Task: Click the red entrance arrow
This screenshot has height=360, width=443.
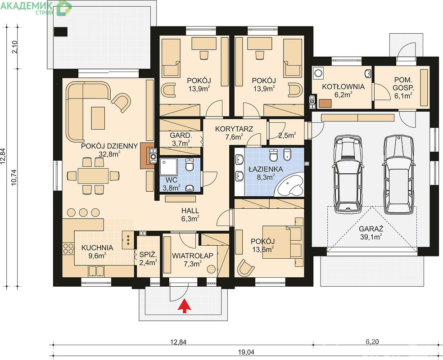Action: click(184, 306)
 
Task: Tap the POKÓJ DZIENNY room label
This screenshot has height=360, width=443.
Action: click(109, 146)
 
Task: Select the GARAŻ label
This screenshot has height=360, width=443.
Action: click(371, 229)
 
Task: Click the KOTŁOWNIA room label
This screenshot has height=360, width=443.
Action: click(343, 87)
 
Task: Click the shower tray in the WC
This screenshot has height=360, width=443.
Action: click(168, 167)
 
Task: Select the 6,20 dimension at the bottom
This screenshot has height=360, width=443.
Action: click(372, 342)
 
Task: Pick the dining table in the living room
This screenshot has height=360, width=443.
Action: click(93, 175)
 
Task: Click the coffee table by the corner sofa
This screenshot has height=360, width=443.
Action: click(98, 118)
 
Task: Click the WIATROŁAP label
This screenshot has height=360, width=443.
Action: click(193, 256)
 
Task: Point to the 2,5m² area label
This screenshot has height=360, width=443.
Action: click(287, 135)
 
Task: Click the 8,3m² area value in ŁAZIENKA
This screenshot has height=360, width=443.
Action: click(265, 177)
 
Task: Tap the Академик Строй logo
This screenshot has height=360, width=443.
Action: click(36, 8)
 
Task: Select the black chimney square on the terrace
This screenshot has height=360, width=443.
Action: click(61, 31)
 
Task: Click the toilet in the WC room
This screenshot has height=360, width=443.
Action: click(189, 165)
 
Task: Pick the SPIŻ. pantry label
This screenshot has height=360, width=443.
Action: click(148, 255)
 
